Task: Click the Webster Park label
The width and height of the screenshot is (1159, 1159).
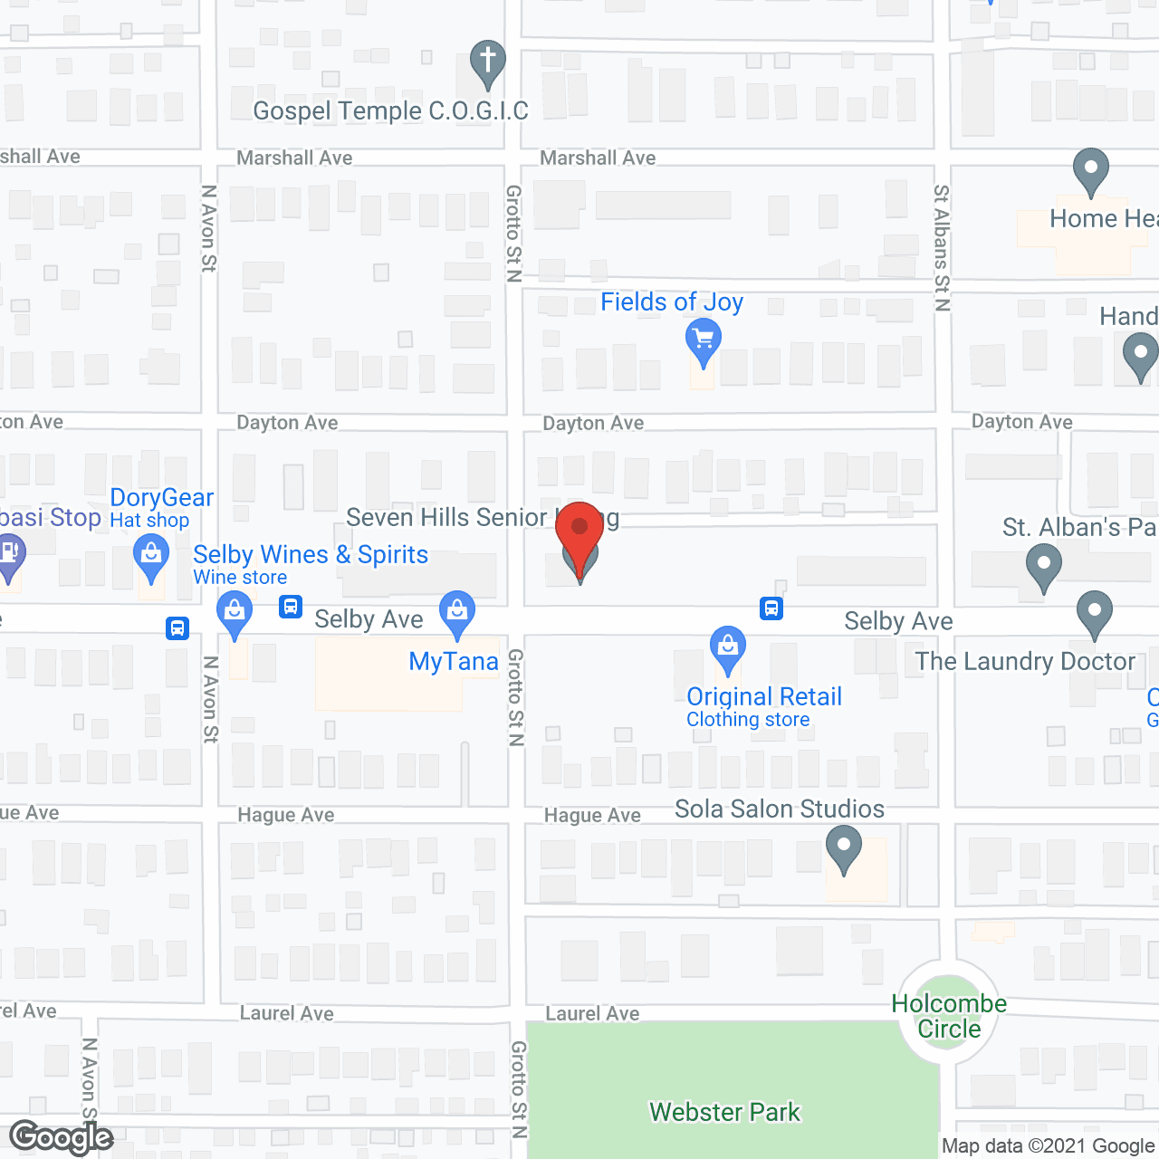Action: [x=724, y=1112]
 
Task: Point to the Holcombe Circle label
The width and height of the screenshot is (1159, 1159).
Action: [x=949, y=1016]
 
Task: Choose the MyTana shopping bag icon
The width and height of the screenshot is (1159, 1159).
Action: [x=457, y=613]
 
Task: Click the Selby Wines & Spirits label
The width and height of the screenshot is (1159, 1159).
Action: [x=311, y=554]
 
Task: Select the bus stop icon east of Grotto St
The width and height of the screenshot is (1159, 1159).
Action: [x=771, y=608]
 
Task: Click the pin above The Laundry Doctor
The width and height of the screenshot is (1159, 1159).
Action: [x=1095, y=613]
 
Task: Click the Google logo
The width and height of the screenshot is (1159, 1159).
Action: [x=62, y=1137]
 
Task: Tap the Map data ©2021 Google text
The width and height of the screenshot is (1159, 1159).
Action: [x=1048, y=1146]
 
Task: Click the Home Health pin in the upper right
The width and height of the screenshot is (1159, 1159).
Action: [x=1091, y=169]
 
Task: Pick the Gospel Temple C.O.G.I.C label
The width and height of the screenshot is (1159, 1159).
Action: [x=390, y=110]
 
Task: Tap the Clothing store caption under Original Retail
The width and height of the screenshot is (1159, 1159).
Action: [x=748, y=720]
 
